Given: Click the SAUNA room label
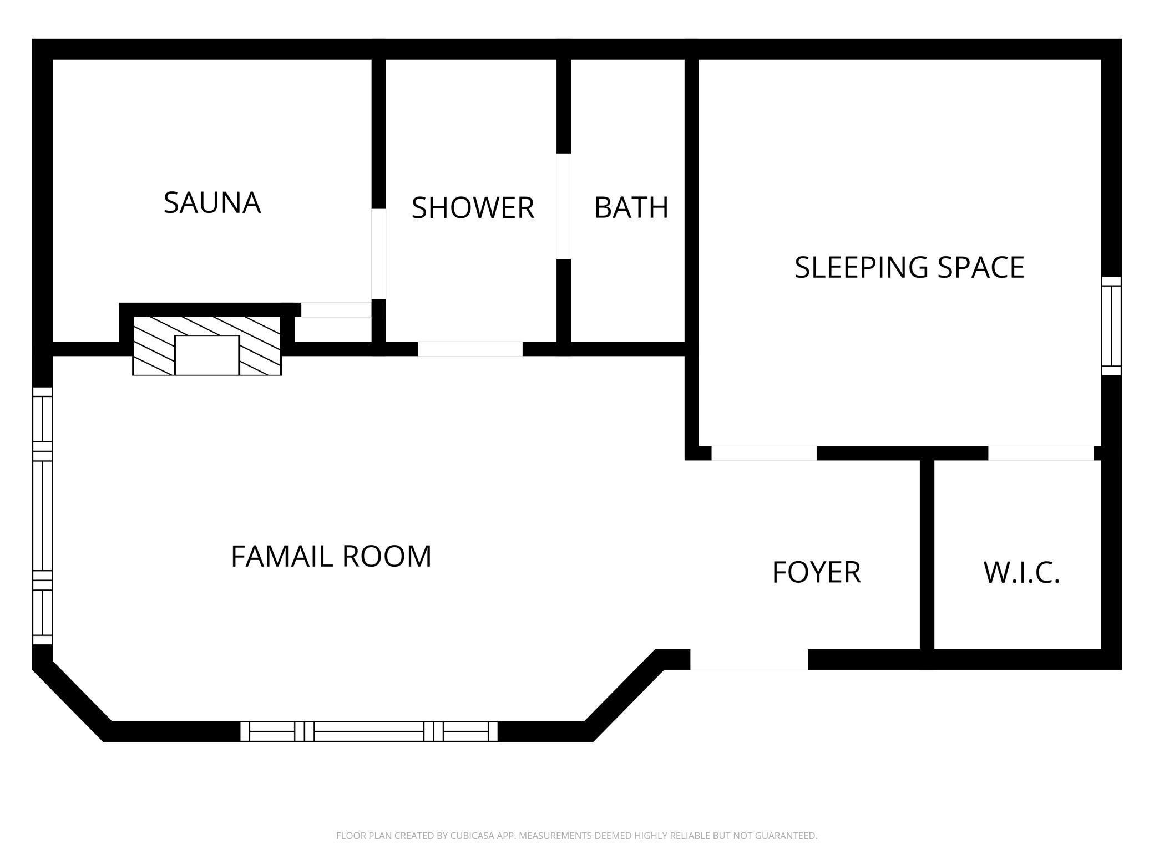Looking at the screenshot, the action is (212, 203).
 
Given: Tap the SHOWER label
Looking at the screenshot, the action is (473, 208).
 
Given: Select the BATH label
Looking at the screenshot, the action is (631, 208).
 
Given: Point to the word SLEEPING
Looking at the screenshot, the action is (861, 267).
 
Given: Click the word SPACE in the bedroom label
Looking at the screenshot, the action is (981, 267).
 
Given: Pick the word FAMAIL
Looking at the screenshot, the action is (281, 556).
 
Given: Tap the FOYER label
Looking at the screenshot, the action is (816, 572).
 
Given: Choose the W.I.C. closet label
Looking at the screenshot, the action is (1022, 573).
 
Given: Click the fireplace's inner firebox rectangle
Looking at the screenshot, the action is (207, 355).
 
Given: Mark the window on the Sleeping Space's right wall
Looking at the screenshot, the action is (1111, 326).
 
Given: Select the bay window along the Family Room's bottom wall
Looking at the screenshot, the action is (369, 731).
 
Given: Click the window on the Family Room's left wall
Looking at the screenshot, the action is (43, 516).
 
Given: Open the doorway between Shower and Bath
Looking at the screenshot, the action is (564, 206).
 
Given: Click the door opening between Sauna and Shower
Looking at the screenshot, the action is (378, 254).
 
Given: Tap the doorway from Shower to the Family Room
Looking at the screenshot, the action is (470, 349).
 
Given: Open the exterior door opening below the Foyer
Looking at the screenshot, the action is (748, 659).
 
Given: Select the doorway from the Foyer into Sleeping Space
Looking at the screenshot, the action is (764, 453).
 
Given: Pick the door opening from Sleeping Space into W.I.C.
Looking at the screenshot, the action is (1041, 453).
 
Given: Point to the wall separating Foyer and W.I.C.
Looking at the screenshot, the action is (927, 554).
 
